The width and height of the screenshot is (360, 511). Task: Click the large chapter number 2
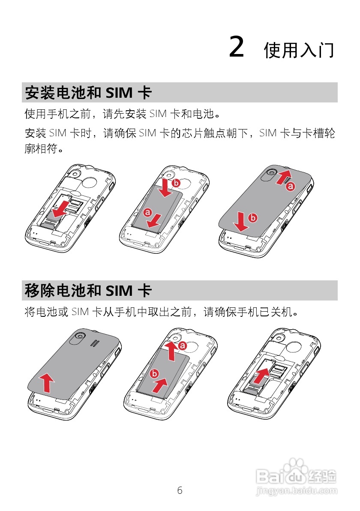coord(237,47)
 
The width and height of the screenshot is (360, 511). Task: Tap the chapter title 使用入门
coord(299,50)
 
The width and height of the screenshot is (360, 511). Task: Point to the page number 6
coord(180,490)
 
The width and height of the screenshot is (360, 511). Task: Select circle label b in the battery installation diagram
coord(176,183)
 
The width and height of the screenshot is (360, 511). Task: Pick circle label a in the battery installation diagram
coord(148,212)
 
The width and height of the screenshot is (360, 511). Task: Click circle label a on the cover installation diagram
coord(291,186)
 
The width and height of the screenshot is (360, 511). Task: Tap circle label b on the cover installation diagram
coord(253,218)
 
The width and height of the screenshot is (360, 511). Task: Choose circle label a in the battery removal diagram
coord(183,345)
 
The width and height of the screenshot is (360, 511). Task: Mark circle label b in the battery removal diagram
coord(154,373)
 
